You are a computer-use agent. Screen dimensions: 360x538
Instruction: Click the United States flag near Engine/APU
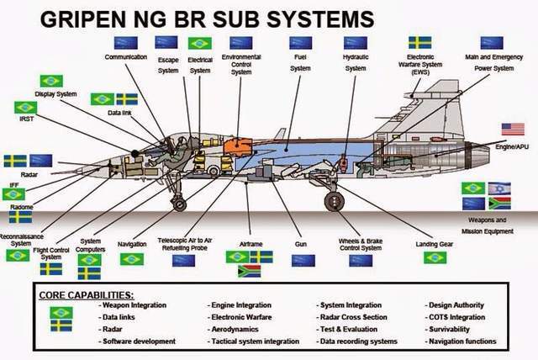(x=513, y=129)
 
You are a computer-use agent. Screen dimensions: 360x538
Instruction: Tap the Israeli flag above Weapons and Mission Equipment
(x=498, y=188)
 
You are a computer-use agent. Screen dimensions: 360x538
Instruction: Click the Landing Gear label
(x=434, y=244)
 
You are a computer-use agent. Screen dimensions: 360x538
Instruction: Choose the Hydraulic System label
(x=356, y=62)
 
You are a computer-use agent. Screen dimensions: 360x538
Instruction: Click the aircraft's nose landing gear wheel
(x=177, y=204)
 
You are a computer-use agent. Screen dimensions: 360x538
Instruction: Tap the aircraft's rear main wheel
(x=334, y=202)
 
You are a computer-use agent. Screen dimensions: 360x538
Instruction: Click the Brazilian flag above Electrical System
(x=200, y=43)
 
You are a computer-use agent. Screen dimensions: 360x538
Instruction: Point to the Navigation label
(x=132, y=244)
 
